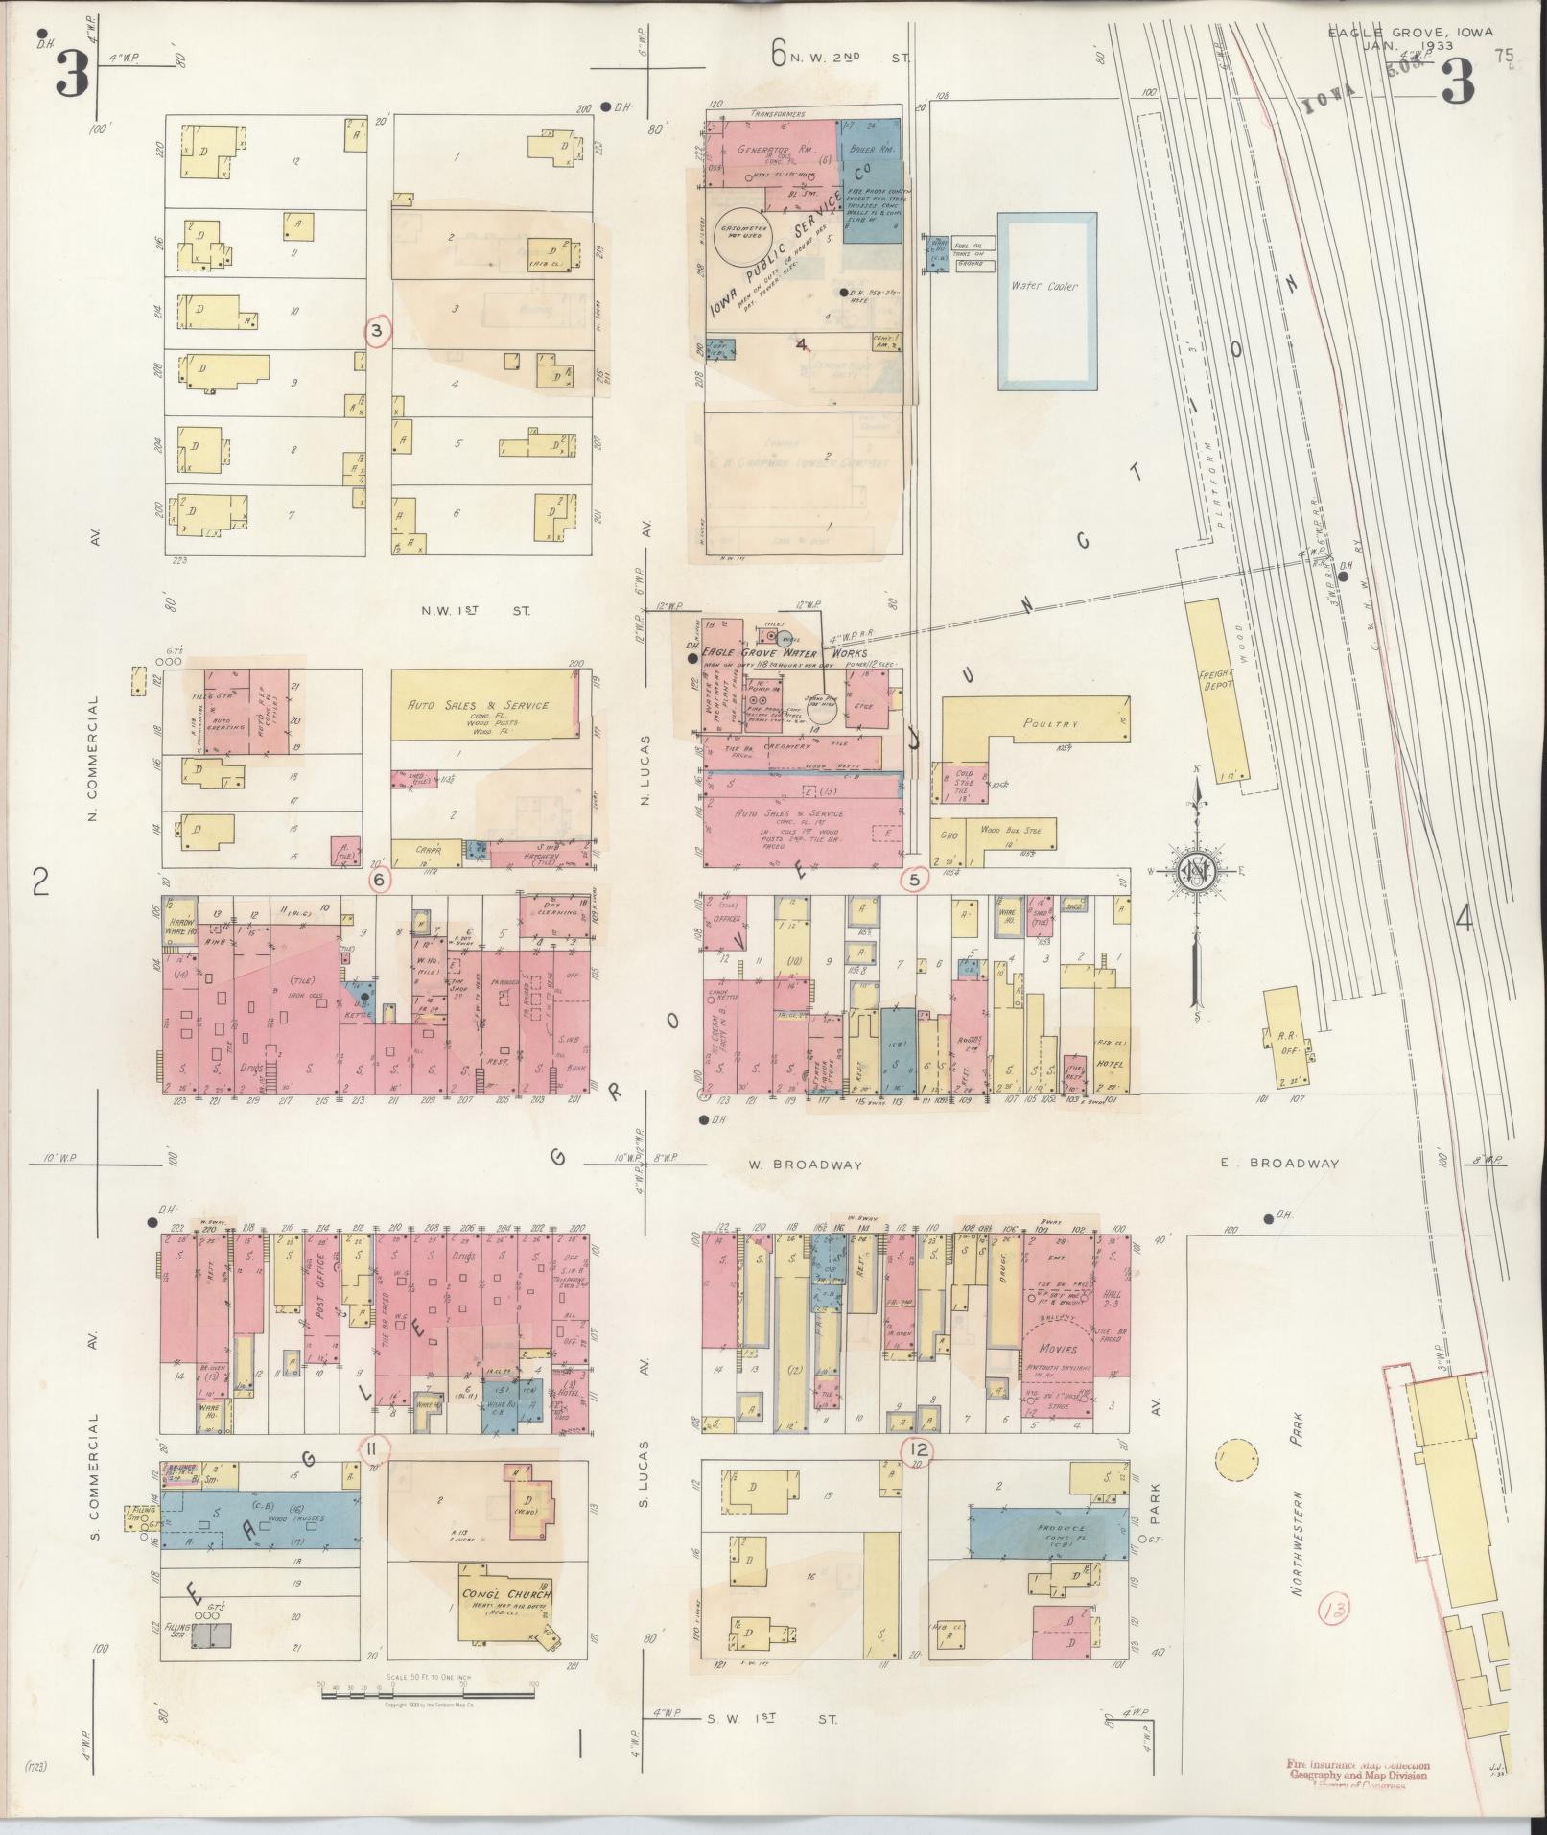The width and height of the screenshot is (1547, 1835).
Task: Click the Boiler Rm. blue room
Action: click(x=871, y=150)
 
